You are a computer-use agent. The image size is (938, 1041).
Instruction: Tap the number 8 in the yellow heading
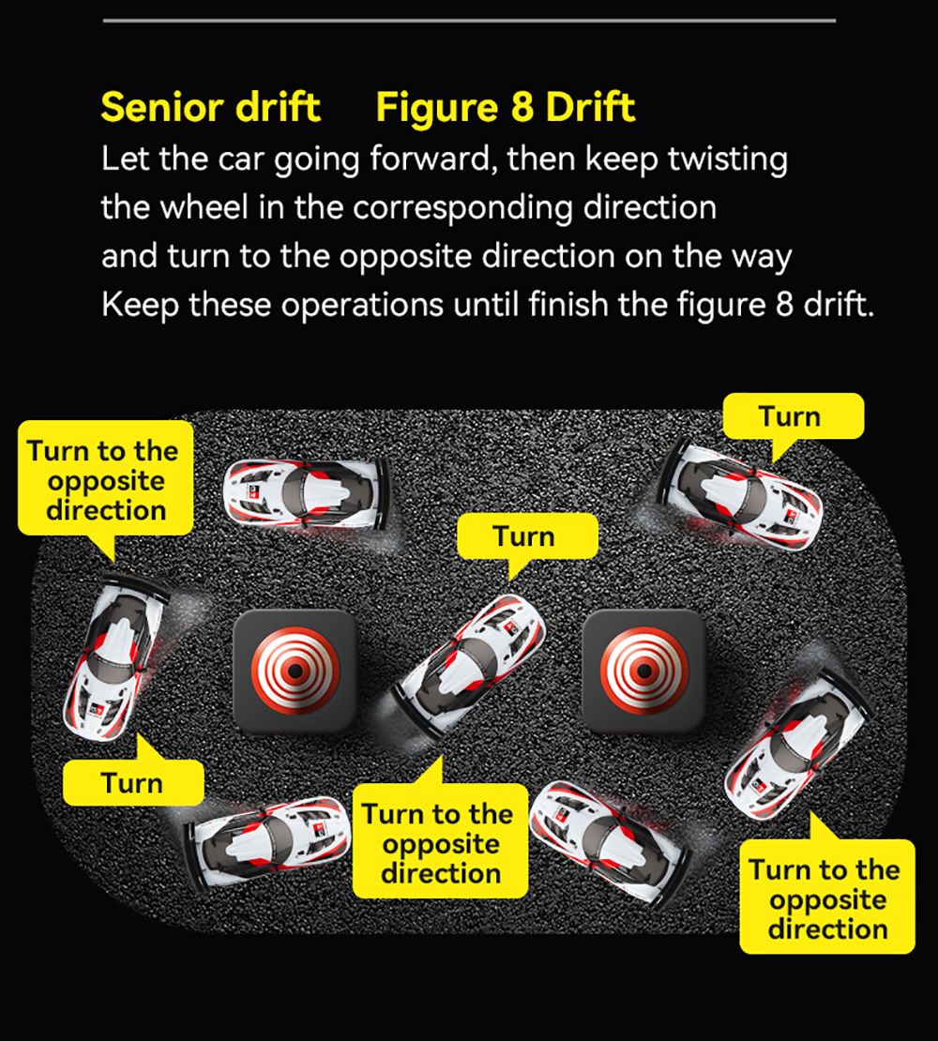(522, 108)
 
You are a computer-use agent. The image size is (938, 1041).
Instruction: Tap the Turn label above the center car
(525, 537)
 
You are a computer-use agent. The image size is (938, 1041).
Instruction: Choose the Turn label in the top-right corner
(791, 417)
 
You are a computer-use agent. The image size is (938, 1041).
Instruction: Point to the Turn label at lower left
(132, 783)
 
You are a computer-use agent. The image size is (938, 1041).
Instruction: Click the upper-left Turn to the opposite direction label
(105, 480)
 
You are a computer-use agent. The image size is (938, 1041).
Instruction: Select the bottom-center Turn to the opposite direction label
(441, 844)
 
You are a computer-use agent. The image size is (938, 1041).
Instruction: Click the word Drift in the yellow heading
(591, 108)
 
